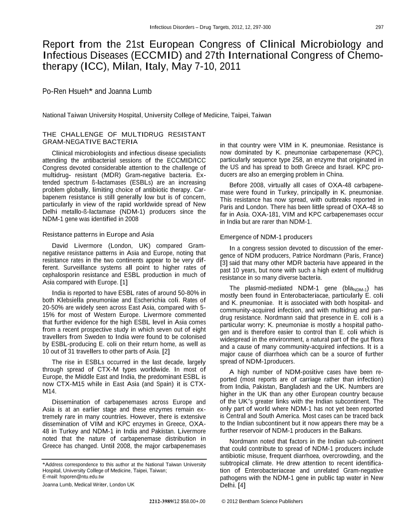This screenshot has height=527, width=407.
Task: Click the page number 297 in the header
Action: click(x=380, y=27)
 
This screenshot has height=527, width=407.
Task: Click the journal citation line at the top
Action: click(x=210, y=27)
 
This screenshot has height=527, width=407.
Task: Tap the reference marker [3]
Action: click(x=224, y=263)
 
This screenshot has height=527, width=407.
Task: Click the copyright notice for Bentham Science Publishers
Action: click(x=262, y=501)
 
